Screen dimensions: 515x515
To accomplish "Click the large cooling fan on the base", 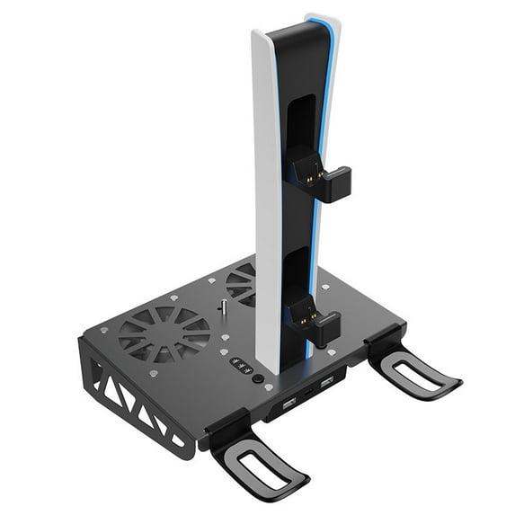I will pos(164,333).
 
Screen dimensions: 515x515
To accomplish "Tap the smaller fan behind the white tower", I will pos(241,284).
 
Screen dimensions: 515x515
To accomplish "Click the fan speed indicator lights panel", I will pos(241,366).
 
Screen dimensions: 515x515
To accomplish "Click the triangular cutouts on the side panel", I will pos(126,399).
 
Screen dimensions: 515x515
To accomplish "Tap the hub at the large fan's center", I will pos(164,334).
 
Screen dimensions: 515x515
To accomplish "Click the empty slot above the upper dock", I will pos(302,117).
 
